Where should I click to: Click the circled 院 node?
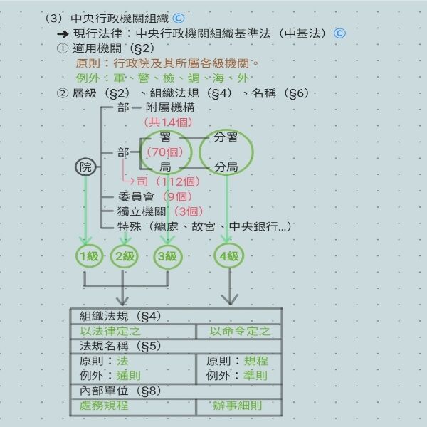point(85,167)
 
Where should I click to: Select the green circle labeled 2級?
point(125,256)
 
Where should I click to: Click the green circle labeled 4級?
point(230,256)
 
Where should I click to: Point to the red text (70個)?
point(164,152)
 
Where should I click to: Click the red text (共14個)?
point(169,122)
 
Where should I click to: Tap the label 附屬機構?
point(169,107)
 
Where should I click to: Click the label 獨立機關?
point(142,211)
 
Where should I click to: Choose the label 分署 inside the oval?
point(226,137)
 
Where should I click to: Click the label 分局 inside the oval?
point(226,167)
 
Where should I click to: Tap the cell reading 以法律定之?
point(109,331)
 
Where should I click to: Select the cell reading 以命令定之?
point(240,331)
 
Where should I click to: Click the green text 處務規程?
point(104,406)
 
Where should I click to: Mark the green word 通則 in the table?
point(128,375)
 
